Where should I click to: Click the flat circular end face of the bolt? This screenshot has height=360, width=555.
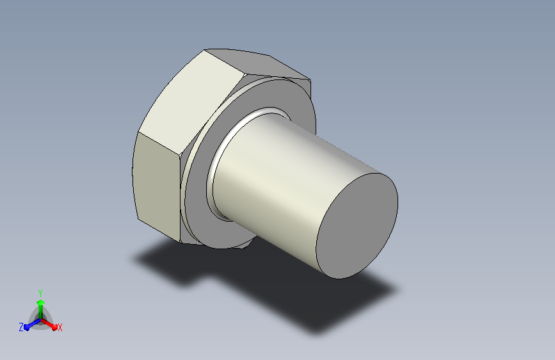(357, 226)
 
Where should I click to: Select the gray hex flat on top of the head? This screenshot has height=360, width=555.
(259, 64)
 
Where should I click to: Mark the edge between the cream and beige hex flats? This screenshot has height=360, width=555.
(159, 144)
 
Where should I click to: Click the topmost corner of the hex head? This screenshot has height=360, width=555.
(205, 49)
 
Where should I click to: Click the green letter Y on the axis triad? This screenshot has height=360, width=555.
(40, 293)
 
